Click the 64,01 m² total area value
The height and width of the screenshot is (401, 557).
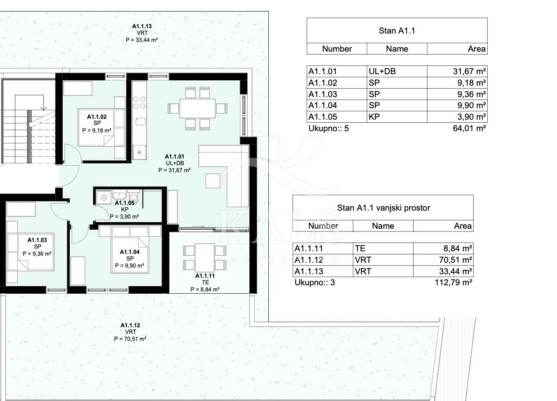pyautogui.click(x=469, y=129)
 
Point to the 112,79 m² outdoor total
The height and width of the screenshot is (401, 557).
pyautogui.click(x=453, y=283)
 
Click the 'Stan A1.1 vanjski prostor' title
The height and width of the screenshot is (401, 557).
pyautogui.click(x=384, y=208)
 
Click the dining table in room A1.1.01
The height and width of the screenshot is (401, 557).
pyautogui.click(x=197, y=109)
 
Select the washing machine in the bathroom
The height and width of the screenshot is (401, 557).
pyautogui.click(x=104, y=197)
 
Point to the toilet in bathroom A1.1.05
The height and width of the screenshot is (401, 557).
pyautogui.click(x=134, y=197)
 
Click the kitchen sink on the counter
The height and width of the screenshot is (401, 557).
pyautogui.click(x=140, y=121)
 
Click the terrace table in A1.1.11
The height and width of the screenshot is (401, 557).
pyautogui.click(x=205, y=258)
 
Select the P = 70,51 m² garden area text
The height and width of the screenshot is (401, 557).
pyautogui.click(x=130, y=339)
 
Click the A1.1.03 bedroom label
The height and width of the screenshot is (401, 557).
pyautogui.click(x=37, y=247)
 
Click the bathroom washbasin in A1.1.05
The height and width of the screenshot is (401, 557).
pyautogui.click(x=119, y=195)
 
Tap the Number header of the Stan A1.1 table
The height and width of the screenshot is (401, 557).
pyautogui.click(x=337, y=49)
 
